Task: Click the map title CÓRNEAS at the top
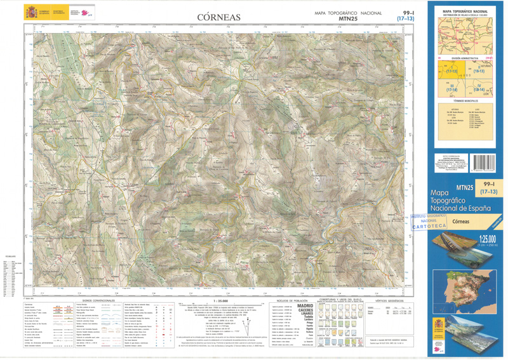[x=218, y=17]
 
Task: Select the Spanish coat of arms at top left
[x=30, y=12]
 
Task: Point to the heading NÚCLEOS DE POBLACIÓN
[x=293, y=300]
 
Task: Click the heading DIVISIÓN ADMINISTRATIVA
[x=465, y=57]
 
